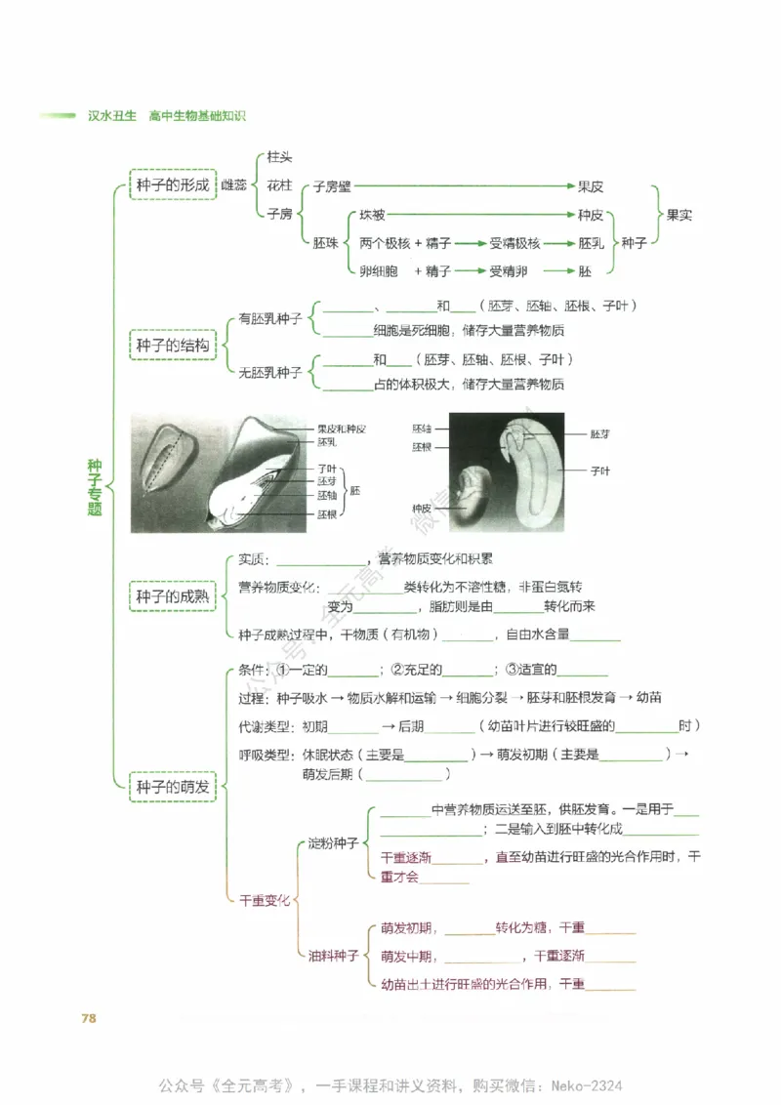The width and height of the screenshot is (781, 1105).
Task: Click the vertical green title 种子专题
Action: [95, 488]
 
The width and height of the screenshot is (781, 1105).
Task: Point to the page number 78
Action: [88, 1018]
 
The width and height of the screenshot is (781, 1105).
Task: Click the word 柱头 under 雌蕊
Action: [279, 157]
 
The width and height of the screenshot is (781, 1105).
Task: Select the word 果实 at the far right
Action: [679, 215]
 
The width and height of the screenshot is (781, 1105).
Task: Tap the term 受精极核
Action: [514, 243]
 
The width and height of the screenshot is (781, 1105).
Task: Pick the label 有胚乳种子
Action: [270, 319]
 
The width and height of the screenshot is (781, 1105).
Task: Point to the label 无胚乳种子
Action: [270, 372]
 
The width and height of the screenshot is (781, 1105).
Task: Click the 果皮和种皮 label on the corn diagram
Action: [342, 429]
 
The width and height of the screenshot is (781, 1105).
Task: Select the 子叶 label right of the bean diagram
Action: [600, 471]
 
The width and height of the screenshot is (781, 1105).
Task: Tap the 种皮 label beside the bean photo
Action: [422, 509]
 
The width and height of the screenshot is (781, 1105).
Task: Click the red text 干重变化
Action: [265, 901]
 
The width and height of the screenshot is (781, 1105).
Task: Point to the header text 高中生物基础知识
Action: [197, 116]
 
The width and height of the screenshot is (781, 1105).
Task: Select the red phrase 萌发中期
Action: [407, 956]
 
